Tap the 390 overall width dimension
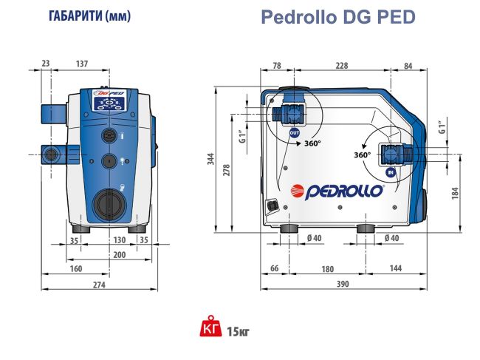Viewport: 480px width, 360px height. tap(342, 284)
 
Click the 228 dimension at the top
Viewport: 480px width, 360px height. tap(341, 66)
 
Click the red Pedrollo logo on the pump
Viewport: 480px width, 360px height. tap(337, 189)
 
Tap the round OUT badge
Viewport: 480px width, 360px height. tap(295, 133)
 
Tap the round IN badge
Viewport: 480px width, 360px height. tap(391, 172)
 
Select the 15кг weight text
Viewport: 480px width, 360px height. tap(238, 330)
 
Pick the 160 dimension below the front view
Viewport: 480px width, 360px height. tap(75, 268)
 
